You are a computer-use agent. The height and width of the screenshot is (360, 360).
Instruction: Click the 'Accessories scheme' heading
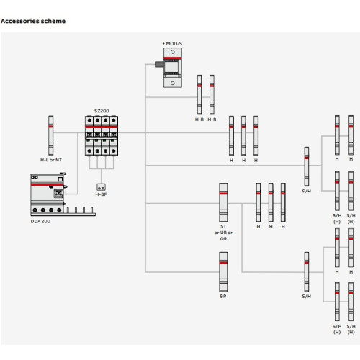33,21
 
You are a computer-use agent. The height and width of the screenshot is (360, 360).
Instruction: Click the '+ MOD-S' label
172,44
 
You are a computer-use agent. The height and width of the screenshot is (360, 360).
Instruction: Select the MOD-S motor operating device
170,68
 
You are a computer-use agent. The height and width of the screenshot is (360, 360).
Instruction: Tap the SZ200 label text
102,111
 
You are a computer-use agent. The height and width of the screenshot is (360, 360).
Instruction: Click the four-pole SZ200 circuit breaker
102,136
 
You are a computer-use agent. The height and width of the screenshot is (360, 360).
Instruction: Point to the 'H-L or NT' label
51,160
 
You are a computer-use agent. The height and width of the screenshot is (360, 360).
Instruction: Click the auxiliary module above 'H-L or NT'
50,135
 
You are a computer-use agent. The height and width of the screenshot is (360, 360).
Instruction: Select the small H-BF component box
101,187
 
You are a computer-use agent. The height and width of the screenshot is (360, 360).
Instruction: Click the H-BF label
101,194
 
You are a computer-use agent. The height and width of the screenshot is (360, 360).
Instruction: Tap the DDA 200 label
40,221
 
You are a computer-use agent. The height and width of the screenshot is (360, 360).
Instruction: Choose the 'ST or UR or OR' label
223,233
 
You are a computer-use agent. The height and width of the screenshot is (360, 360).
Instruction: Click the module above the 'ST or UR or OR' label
223,202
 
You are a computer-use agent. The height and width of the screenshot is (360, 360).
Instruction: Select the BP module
223,272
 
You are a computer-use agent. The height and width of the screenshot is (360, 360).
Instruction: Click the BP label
223,297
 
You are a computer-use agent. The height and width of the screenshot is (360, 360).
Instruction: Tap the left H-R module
199,95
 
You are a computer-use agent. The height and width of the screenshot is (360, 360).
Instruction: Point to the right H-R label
212,120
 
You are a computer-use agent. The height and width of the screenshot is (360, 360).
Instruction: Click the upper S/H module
307,166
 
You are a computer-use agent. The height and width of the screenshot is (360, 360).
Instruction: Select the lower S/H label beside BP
307,297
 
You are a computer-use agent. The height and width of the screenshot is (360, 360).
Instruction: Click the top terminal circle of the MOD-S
173,52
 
